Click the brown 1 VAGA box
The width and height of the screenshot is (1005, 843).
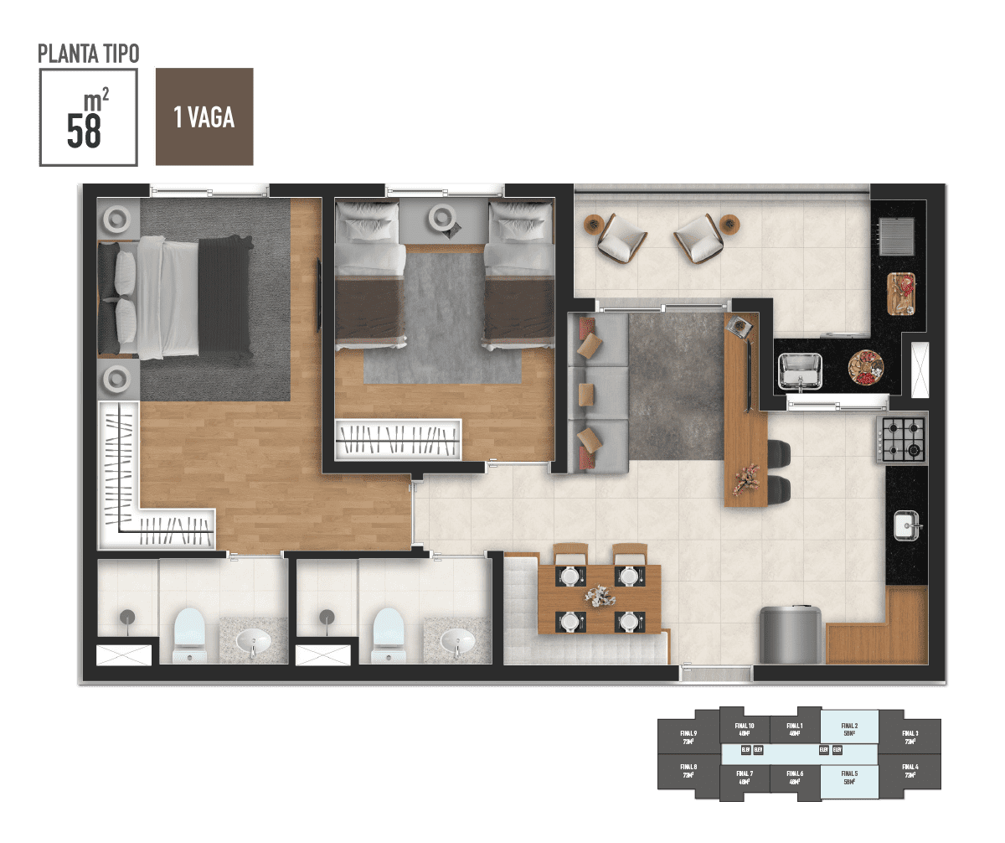(x=204, y=116)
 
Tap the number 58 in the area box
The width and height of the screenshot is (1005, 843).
(x=84, y=131)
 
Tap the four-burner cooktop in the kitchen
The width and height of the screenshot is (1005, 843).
(x=901, y=439)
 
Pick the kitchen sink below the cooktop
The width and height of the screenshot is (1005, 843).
(x=905, y=525)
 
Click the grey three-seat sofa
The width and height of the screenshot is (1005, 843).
(x=598, y=392)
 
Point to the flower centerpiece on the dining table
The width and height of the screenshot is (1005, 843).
(x=600, y=597)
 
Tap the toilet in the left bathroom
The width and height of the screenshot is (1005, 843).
(x=188, y=635)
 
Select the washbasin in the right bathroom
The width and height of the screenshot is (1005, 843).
(x=456, y=642)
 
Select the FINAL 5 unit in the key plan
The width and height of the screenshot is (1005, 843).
(x=849, y=777)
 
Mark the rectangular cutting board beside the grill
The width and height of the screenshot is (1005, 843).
(x=901, y=294)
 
